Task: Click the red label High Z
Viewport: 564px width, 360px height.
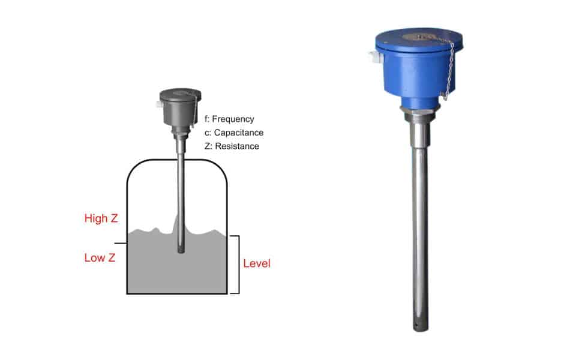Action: [x=101, y=218]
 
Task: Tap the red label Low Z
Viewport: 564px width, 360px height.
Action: [x=100, y=257]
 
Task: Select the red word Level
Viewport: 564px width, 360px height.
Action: [x=256, y=263]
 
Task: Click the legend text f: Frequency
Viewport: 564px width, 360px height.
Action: [x=229, y=119]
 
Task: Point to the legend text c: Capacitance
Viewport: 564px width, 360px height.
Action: [x=234, y=133]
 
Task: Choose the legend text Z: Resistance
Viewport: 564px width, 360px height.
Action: [x=232, y=146]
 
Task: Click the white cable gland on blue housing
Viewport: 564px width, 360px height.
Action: [x=374, y=58]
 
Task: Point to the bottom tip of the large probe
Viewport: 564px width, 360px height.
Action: [x=420, y=330]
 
